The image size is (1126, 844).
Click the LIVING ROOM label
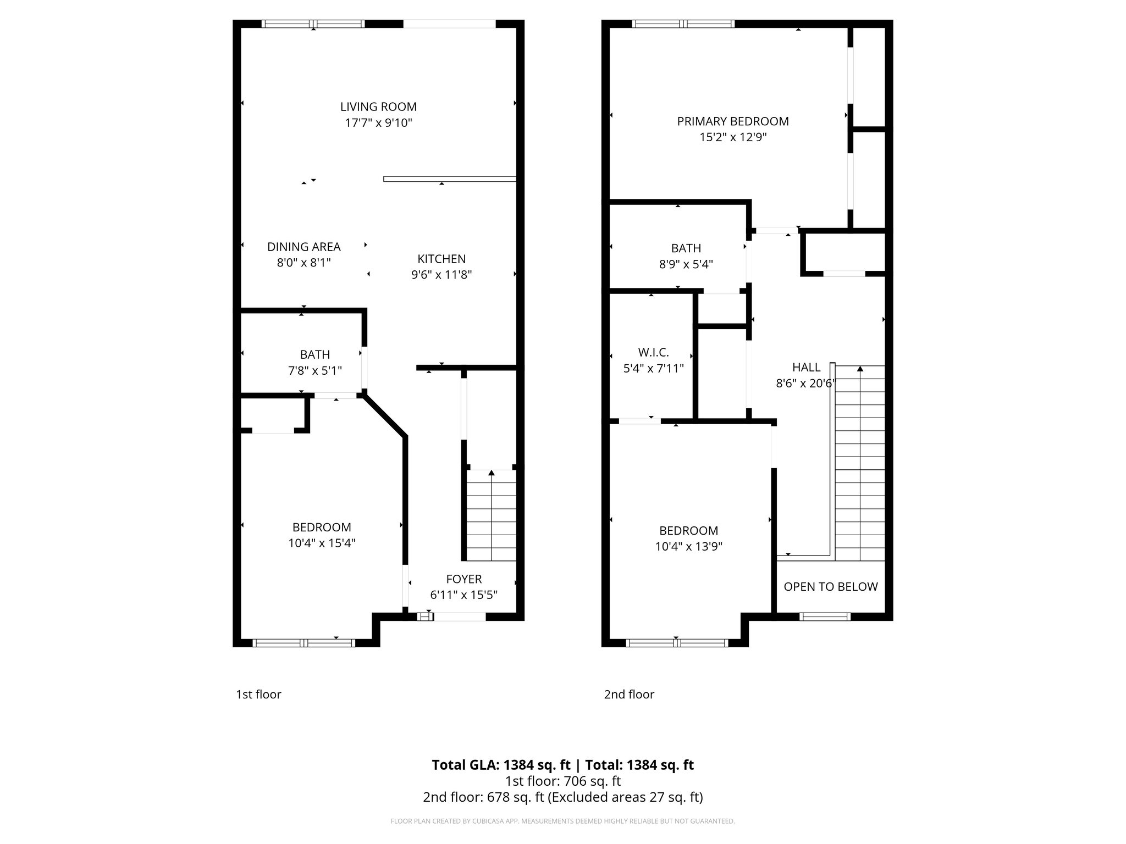378,107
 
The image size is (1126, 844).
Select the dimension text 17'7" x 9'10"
378,123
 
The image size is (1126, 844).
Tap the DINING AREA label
303,247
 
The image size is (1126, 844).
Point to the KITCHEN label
441,259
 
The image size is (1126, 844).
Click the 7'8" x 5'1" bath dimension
315,371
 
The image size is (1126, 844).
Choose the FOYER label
463,579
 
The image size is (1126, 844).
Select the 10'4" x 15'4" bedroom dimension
322,543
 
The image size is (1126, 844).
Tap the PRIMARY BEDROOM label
732,121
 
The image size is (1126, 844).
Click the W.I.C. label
653,352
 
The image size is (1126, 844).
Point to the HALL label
806,367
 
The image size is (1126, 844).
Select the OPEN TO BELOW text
830,587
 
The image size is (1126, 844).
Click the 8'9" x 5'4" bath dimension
686,264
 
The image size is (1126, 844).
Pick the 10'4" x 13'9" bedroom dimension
688,547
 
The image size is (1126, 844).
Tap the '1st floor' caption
258,695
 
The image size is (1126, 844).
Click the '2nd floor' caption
629,695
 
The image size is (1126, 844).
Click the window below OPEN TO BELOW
824,617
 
